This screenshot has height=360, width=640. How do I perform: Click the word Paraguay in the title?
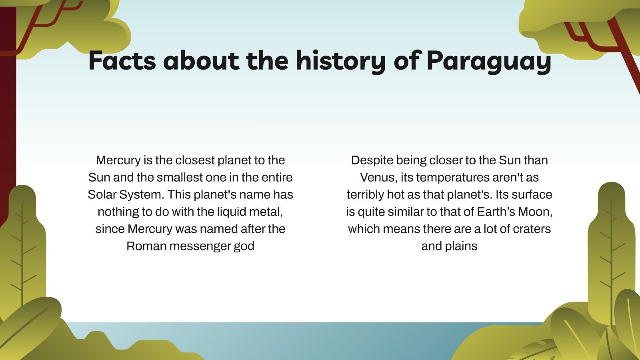[489, 61]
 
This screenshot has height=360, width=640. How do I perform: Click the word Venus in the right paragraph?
[378, 178]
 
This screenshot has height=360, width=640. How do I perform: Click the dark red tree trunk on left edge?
[7, 120]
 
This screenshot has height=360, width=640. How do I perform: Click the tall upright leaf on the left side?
[22, 248]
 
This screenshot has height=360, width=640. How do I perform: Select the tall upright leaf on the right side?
[611, 248]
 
